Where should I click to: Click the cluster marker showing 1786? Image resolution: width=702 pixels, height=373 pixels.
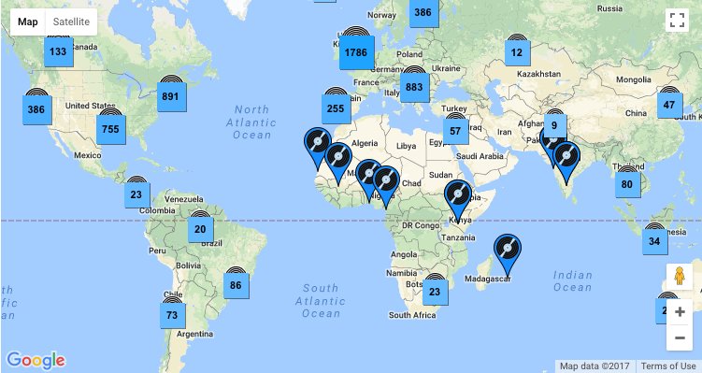(355, 52)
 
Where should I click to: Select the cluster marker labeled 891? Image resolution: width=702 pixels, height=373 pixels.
(170, 96)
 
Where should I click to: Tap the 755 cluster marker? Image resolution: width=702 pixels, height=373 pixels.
(110, 129)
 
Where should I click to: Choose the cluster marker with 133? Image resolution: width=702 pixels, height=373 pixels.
(58, 52)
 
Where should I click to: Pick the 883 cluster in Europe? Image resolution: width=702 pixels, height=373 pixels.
(415, 88)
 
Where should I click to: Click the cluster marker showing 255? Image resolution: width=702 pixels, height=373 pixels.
(337, 108)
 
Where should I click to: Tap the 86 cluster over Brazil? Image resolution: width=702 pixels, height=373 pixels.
(236, 285)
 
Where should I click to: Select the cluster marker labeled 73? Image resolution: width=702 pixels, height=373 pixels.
(171, 315)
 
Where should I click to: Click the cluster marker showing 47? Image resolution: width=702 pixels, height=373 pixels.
(668, 105)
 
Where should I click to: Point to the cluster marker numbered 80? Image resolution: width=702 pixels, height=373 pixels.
(626, 184)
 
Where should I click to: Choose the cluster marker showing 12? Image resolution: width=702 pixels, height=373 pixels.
(517, 52)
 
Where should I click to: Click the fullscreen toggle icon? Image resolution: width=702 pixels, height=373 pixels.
(677, 22)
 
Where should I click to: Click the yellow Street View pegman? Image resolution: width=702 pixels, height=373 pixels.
(680, 278)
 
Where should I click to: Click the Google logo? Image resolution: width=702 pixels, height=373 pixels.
(36, 360)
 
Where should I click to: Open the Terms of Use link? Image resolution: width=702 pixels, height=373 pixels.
(668, 366)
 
